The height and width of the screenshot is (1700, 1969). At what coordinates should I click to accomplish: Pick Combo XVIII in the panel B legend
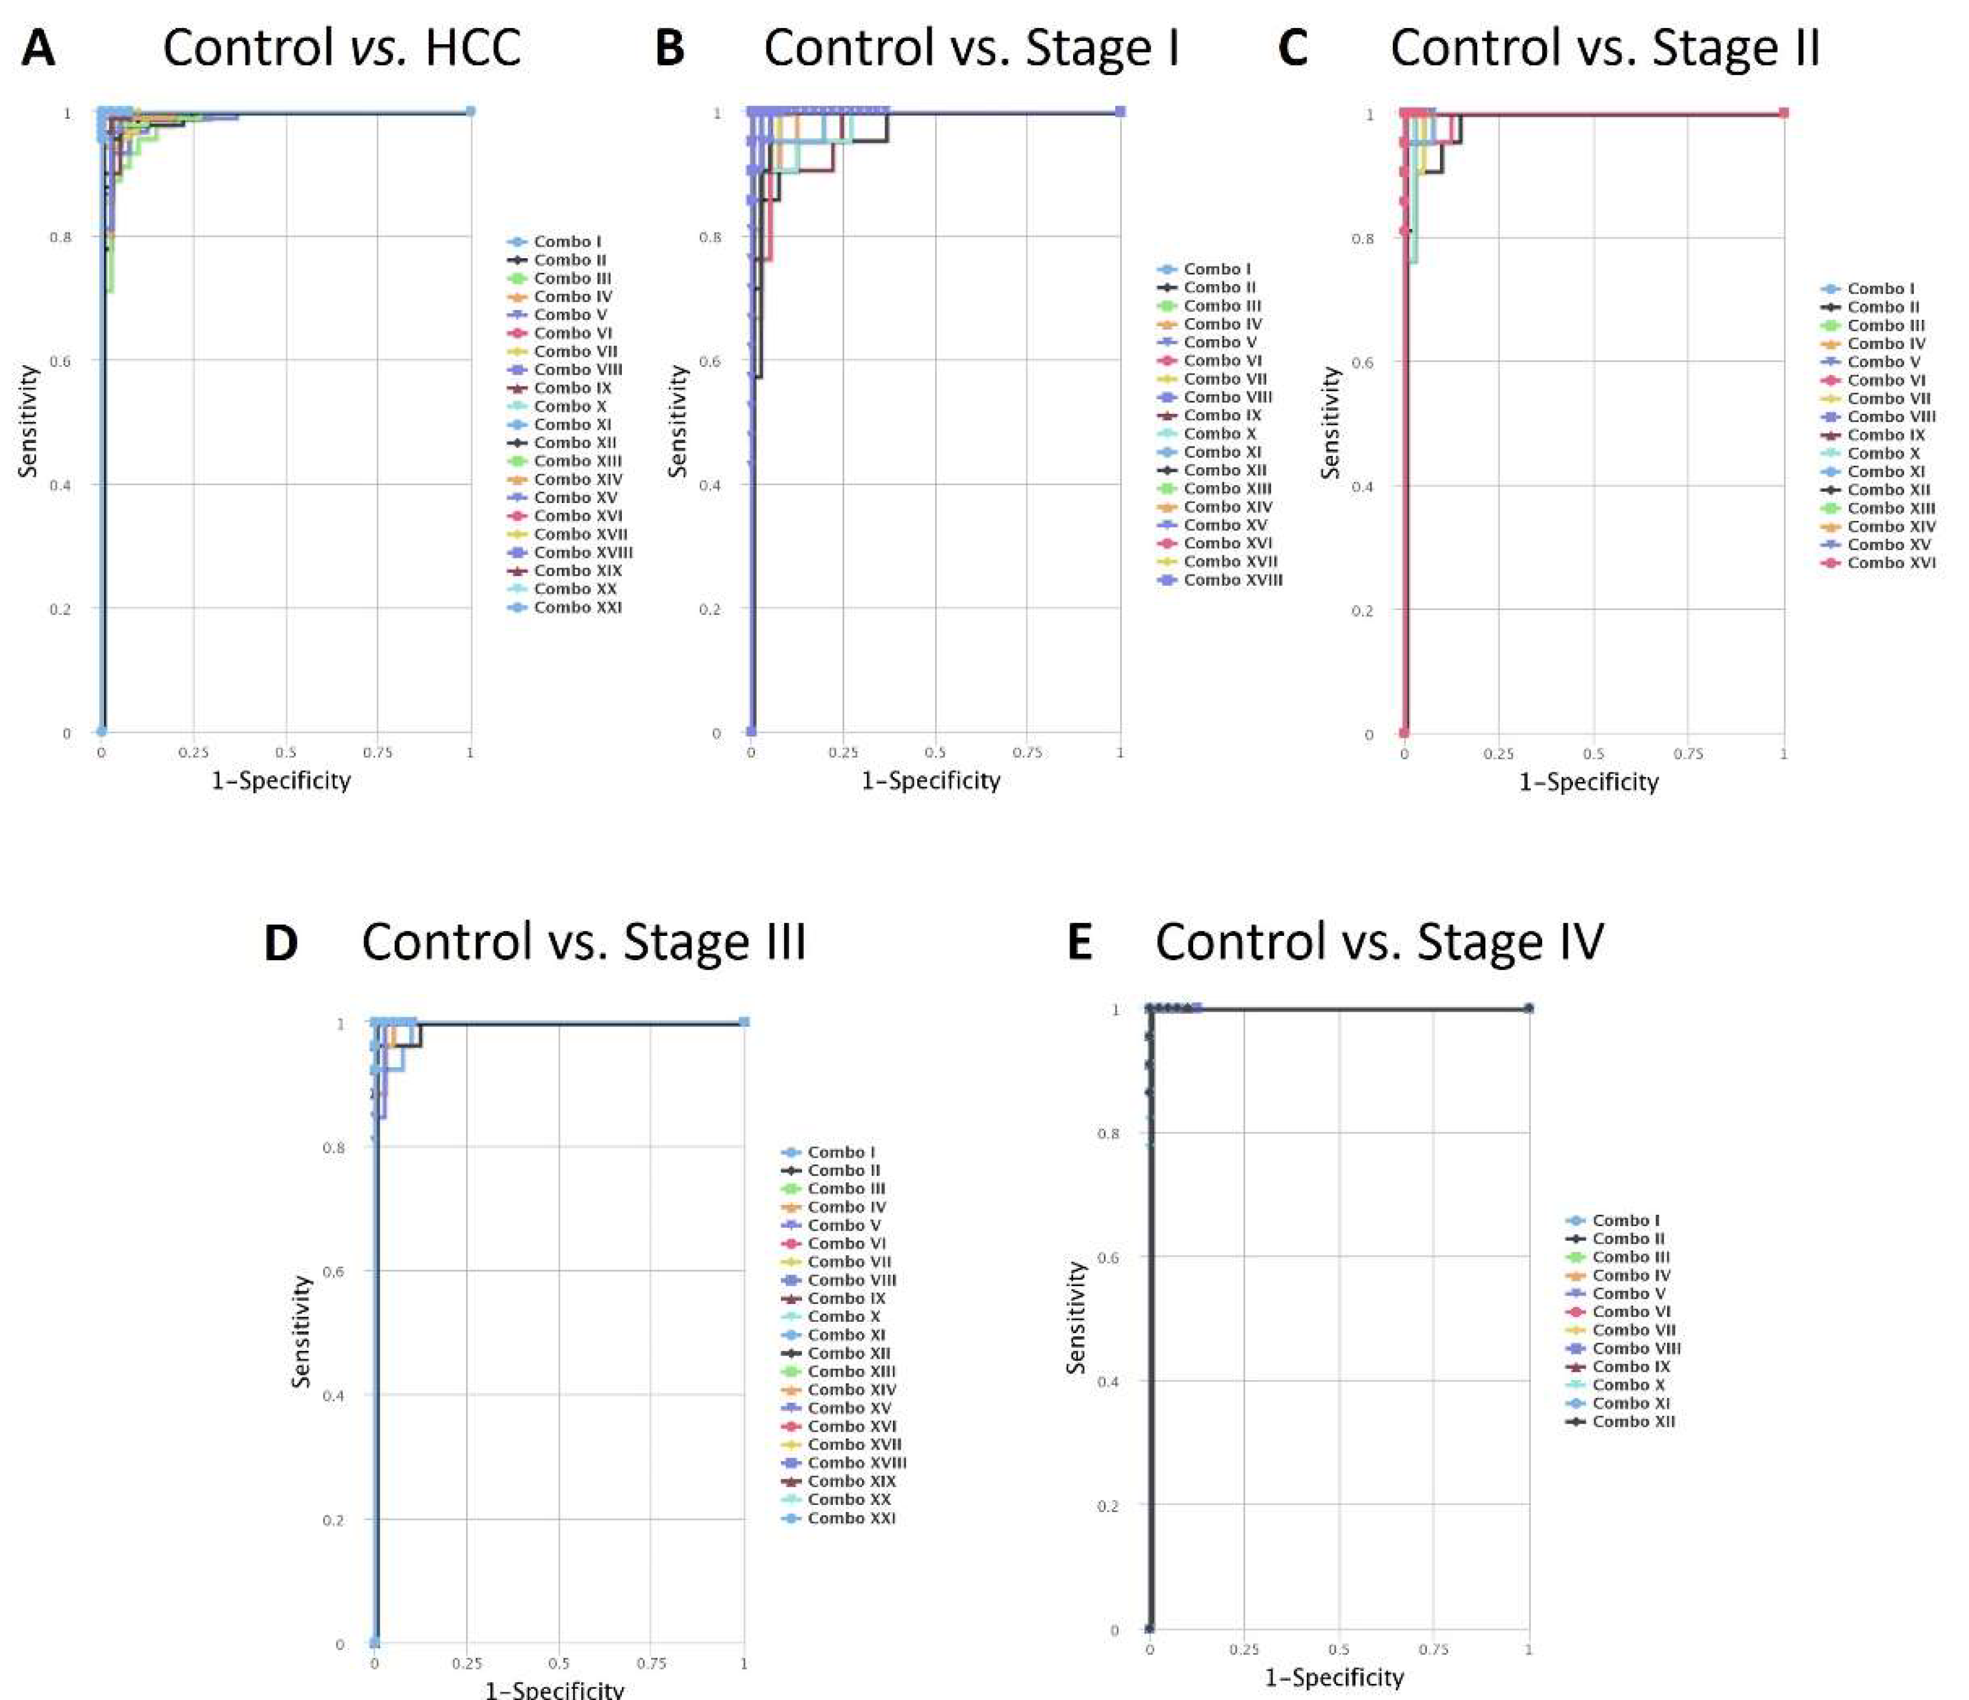coord(1232,580)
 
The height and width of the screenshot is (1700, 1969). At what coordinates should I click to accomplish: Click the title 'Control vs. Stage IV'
coord(1378,942)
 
